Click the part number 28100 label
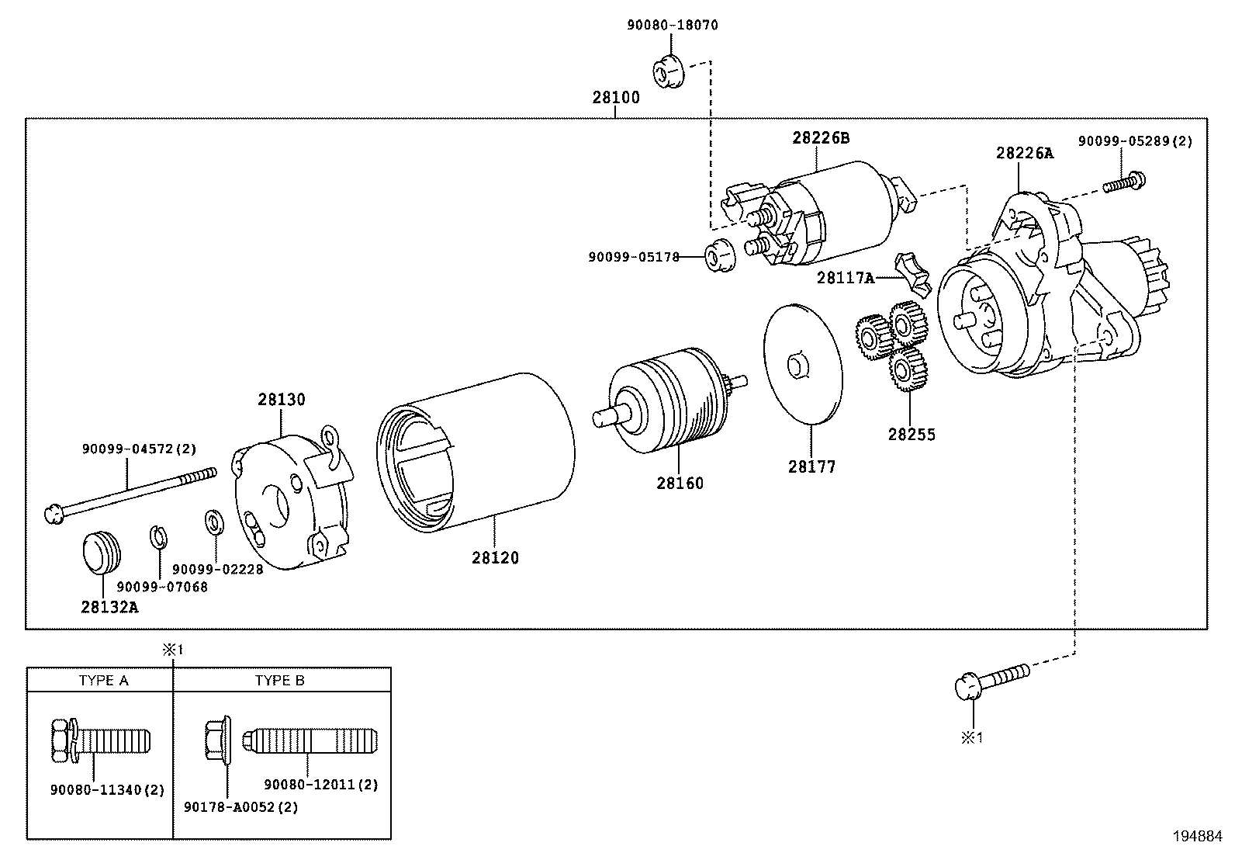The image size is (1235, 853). click(616, 98)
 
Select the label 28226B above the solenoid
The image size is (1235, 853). click(821, 138)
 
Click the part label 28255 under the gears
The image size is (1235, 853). click(912, 435)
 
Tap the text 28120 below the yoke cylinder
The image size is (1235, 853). click(495, 558)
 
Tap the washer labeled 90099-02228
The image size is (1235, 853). click(213, 522)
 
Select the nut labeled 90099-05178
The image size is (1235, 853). click(719, 256)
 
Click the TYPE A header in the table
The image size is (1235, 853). click(103, 681)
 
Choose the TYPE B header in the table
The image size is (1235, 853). click(280, 681)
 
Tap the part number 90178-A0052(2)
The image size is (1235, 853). click(240, 806)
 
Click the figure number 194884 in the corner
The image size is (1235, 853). click(1196, 836)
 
